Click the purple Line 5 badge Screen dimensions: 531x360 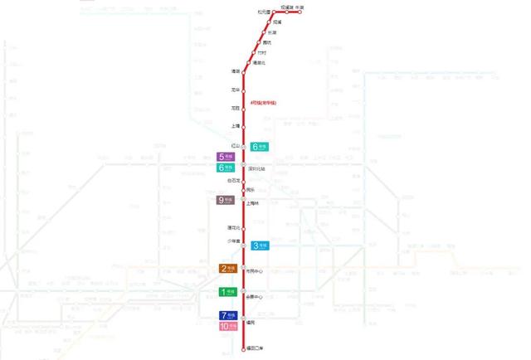[226, 157]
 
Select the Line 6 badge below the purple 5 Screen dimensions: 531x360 [226, 168]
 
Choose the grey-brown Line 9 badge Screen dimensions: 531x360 [226, 200]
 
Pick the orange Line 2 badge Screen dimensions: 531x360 [227, 269]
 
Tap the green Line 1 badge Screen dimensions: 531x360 [227, 292]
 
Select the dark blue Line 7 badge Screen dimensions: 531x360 [227, 316]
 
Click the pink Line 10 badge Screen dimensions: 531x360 [227, 327]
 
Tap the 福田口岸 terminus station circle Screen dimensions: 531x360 [243, 349]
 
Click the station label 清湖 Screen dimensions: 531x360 [236, 71]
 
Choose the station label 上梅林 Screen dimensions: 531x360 [253, 204]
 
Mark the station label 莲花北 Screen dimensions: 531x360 [234, 227]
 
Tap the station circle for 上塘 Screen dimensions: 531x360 [243, 126]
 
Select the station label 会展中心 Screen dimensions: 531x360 [255, 297]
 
